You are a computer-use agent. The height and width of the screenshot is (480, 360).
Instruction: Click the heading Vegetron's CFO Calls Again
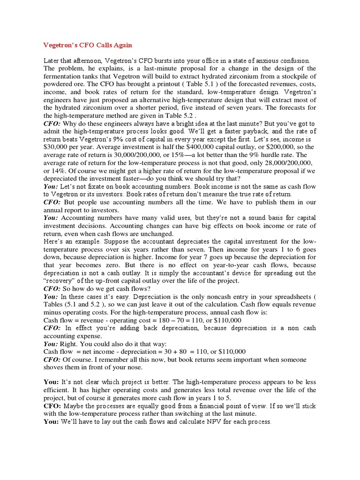click(x=88, y=45)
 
